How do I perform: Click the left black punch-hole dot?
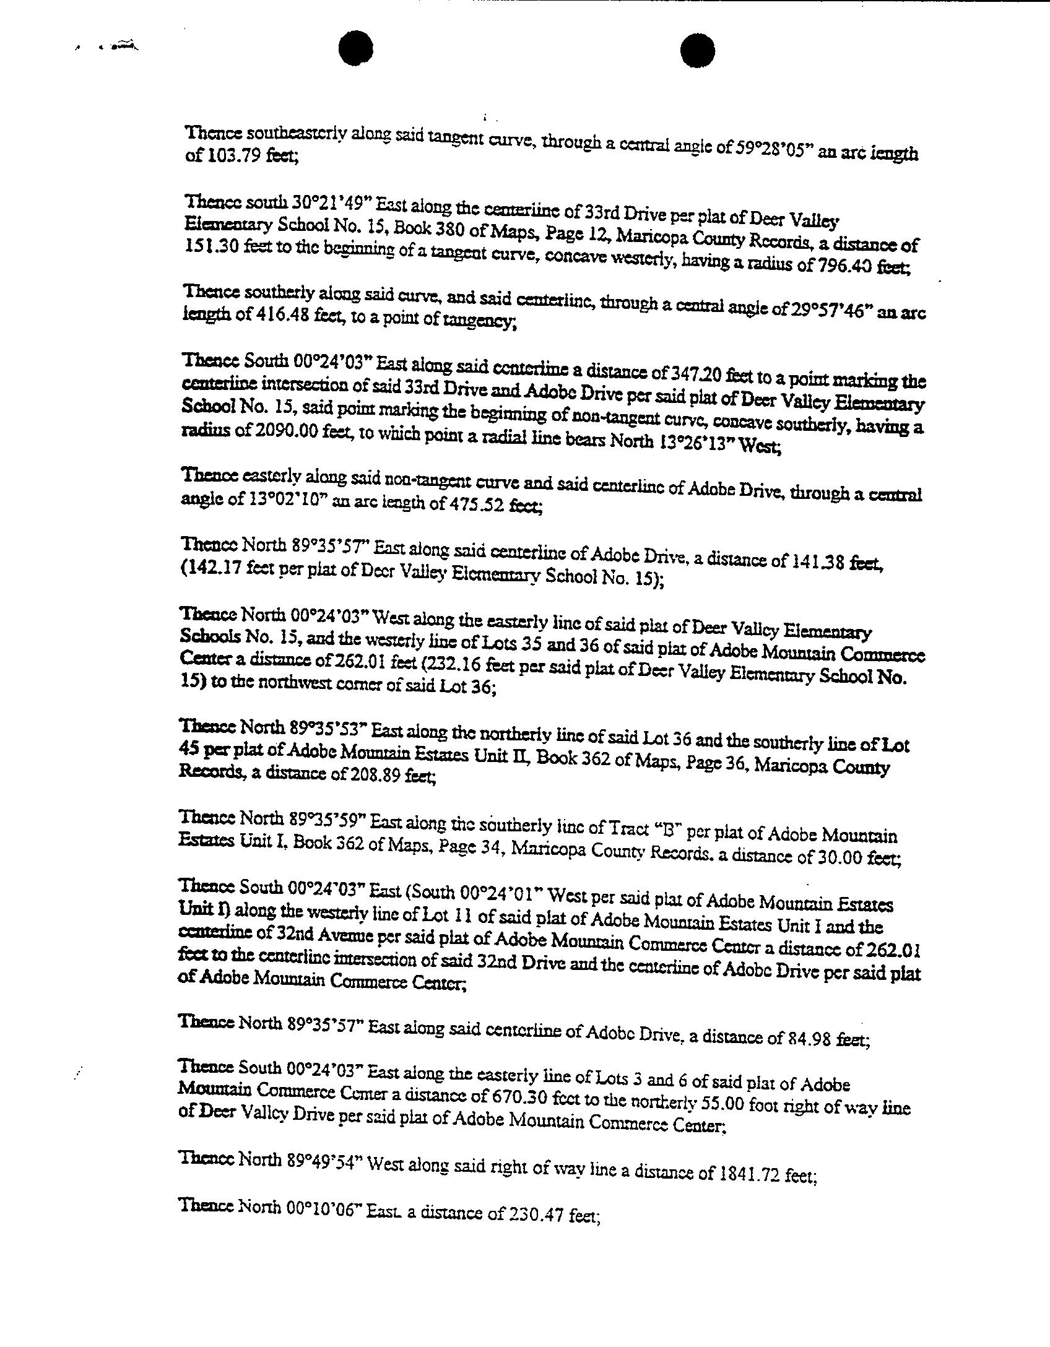[355, 48]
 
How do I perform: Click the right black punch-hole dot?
[698, 50]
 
